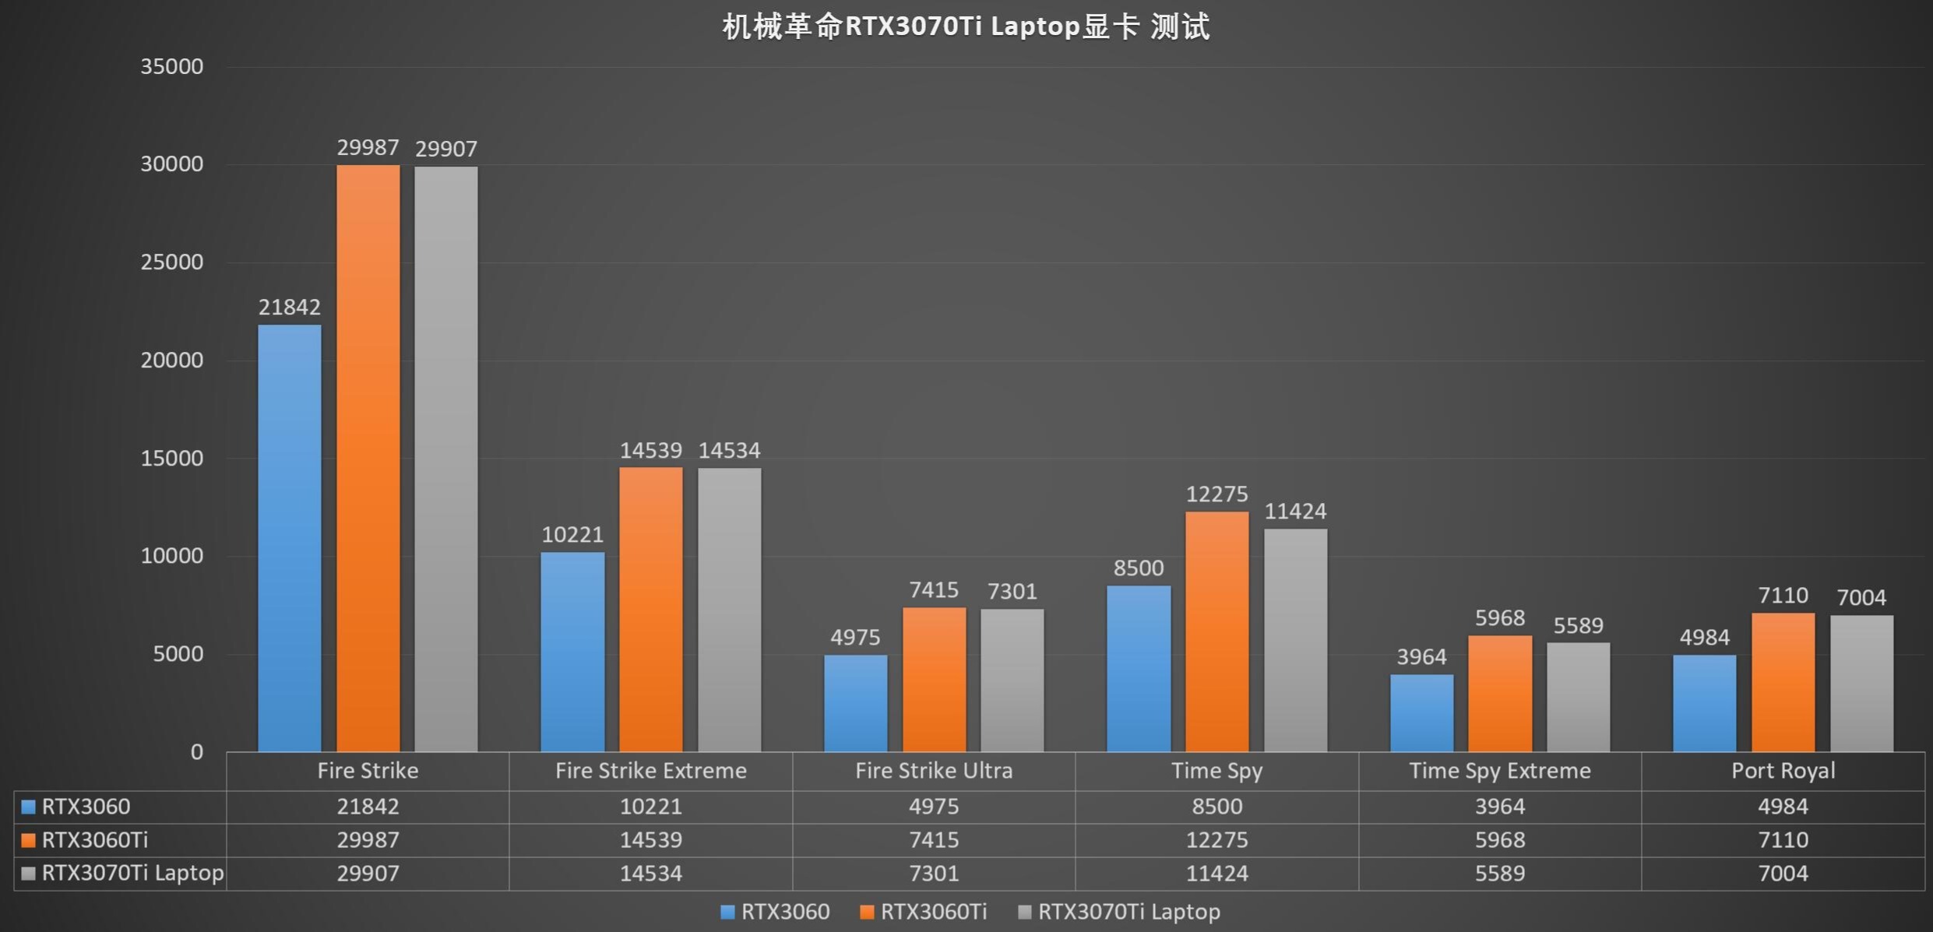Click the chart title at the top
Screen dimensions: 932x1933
(x=966, y=27)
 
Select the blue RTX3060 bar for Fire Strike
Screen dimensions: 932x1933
(x=289, y=537)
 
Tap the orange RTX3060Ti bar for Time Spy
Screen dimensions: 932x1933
(x=1216, y=631)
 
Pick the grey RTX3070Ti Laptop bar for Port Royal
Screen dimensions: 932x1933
(x=1861, y=683)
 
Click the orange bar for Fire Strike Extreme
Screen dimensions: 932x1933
(x=650, y=609)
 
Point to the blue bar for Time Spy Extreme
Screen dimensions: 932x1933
(x=1421, y=712)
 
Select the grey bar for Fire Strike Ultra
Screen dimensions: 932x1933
(x=1012, y=680)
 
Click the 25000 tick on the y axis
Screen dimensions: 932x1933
(x=171, y=262)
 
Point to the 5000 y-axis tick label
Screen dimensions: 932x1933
(x=178, y=653)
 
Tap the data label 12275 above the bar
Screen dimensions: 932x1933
(x=1216, y=494)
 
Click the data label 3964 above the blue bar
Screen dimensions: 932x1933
(x=1421, y=656)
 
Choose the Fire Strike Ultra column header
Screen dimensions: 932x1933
(x=934, y=771)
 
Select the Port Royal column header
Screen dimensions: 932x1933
(x=1783, y=771)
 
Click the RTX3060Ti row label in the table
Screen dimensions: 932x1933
(x=94, y=840)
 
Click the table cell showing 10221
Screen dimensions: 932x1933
(x=650, y=807)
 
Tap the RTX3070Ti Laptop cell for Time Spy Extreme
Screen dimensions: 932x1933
(x=1499, y=874)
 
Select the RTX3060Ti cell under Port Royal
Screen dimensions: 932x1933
(x=1783, y=840)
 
